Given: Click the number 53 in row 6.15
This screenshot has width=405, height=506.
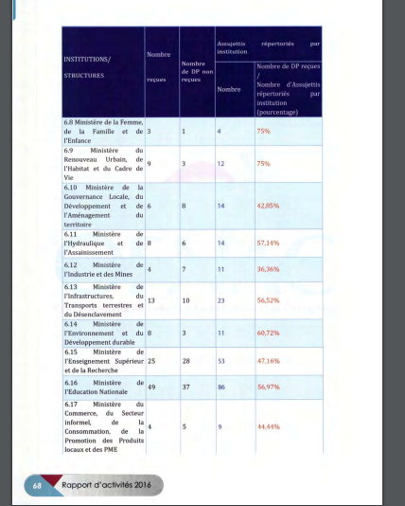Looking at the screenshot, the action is (221, 361).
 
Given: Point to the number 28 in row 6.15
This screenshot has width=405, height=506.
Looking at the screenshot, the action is (185, 361).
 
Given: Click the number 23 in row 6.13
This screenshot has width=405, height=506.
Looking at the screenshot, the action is (221, 300).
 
